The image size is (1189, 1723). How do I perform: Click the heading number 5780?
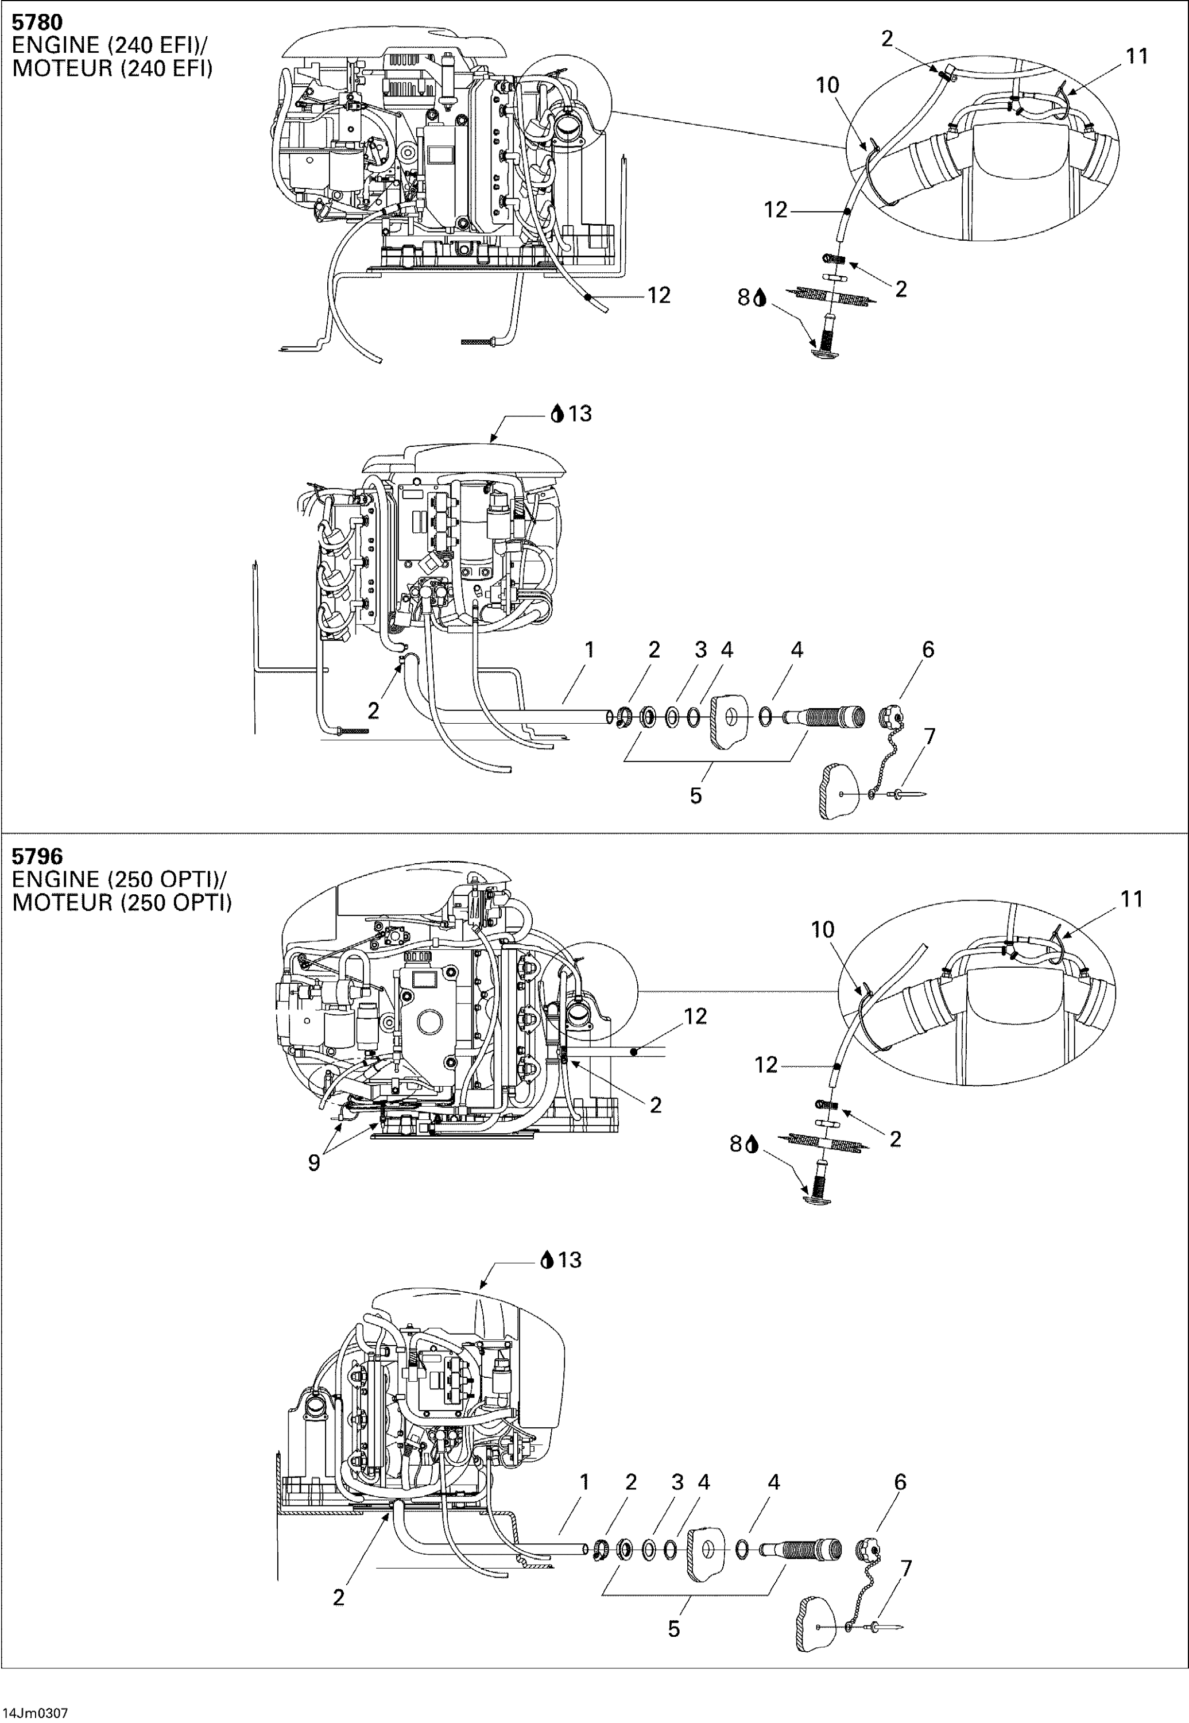click(37, 22)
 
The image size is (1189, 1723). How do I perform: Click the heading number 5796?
click(37, 856)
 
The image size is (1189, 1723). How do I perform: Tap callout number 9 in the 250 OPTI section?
click(313, 1162)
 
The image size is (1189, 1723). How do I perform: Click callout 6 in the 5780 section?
click(928, 650)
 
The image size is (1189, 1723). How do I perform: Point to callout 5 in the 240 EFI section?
click(695, 796)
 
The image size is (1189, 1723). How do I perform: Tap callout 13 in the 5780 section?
click(580, 414)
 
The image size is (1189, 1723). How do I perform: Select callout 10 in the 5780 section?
click(827, 86)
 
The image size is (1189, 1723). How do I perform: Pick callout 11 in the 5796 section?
click(1131, 899)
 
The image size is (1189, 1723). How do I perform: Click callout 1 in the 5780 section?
click(589, 650)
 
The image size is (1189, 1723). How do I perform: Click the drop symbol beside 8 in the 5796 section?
click(752, 1145)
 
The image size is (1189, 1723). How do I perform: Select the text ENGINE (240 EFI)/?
click(110, 45)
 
